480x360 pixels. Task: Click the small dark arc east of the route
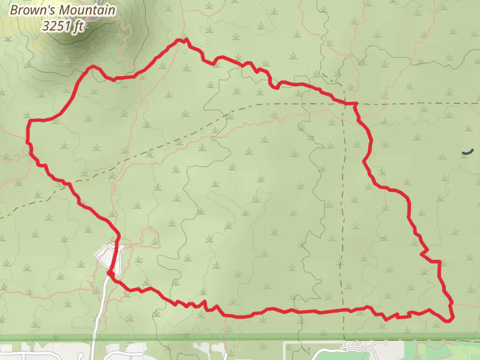click(467, 152)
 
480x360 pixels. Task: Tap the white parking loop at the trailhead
click(106, 257)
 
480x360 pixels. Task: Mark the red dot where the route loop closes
click(110, 274)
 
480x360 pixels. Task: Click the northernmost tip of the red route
click(179, 40)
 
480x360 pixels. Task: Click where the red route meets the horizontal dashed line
click(355, 104)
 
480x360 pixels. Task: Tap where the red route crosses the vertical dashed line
click(344, 310)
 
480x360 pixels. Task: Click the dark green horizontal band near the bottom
click(240, 338)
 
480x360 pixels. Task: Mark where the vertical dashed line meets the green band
click(344, 338)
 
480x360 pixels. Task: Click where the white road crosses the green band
click(95, 338)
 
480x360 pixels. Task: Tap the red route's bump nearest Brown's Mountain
click(92, 67)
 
